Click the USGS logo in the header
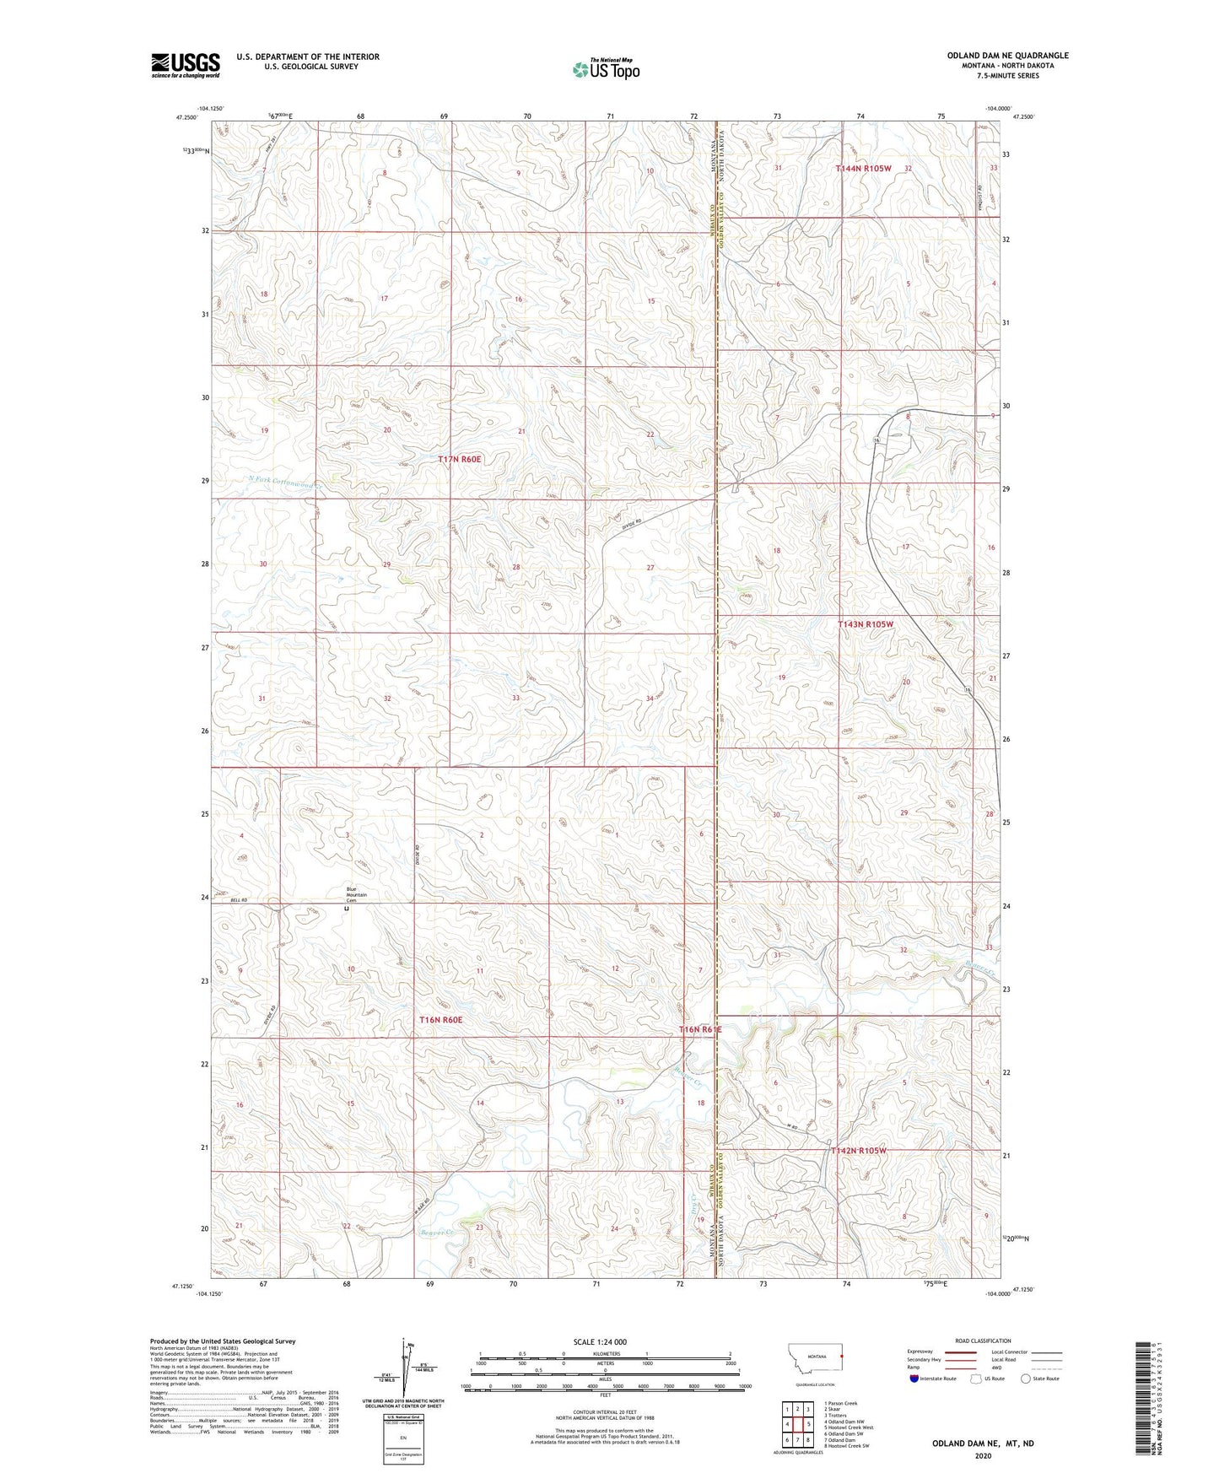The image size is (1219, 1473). tap(186, 64)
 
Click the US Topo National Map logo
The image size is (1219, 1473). tap(605, 68)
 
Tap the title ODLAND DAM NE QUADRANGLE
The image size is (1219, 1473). tap(1006, 56)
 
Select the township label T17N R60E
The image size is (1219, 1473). tap(459, 459)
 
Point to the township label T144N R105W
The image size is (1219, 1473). tap(863, 169)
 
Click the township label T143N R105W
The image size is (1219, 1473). tap(865, 624)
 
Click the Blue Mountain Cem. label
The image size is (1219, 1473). tap(357, 894)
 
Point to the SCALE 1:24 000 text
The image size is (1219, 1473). tap(600, 1341)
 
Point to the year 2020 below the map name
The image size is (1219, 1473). tap(982, 1455)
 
